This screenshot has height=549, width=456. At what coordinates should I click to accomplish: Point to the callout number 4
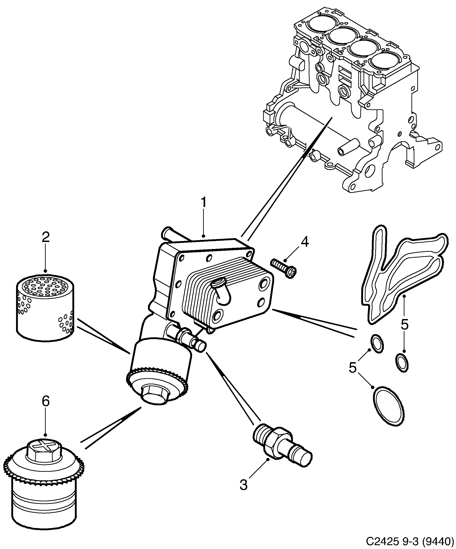coord(304,242)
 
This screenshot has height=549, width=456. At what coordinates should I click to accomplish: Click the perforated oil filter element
coord(45,308)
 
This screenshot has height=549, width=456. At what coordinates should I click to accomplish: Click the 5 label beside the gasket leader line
coord(404,325)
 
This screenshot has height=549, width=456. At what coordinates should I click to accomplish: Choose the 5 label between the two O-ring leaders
coord(353,368)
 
